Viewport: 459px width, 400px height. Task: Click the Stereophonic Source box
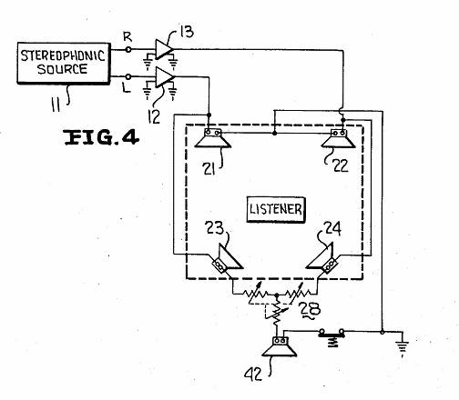tap(63, 63)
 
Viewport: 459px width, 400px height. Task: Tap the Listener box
tap(276, 210)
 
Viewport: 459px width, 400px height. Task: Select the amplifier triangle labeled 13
tap(164, 49)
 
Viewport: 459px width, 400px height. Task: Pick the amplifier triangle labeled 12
tap(165, 77)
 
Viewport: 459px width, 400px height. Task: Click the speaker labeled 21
tap(213, 138)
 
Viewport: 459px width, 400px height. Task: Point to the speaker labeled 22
tap(339, 138)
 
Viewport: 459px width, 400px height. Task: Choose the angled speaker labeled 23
tap(226, 259)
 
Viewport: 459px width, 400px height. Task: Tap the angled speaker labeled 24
tap(322, 258)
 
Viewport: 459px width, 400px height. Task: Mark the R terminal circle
tap(128, 49)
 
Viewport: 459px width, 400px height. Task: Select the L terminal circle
tap(128, 76)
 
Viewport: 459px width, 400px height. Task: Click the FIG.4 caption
tap(101, 137)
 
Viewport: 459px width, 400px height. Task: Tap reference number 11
tap(56, 105)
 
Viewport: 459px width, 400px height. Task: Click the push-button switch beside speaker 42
tap(331, 335)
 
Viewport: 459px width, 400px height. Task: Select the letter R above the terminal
tap(127, 37)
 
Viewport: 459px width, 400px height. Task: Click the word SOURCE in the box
tap(63, 69)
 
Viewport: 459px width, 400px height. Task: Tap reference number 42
tap(253, 375)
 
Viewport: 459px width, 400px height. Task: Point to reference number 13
tap(187, 32)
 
